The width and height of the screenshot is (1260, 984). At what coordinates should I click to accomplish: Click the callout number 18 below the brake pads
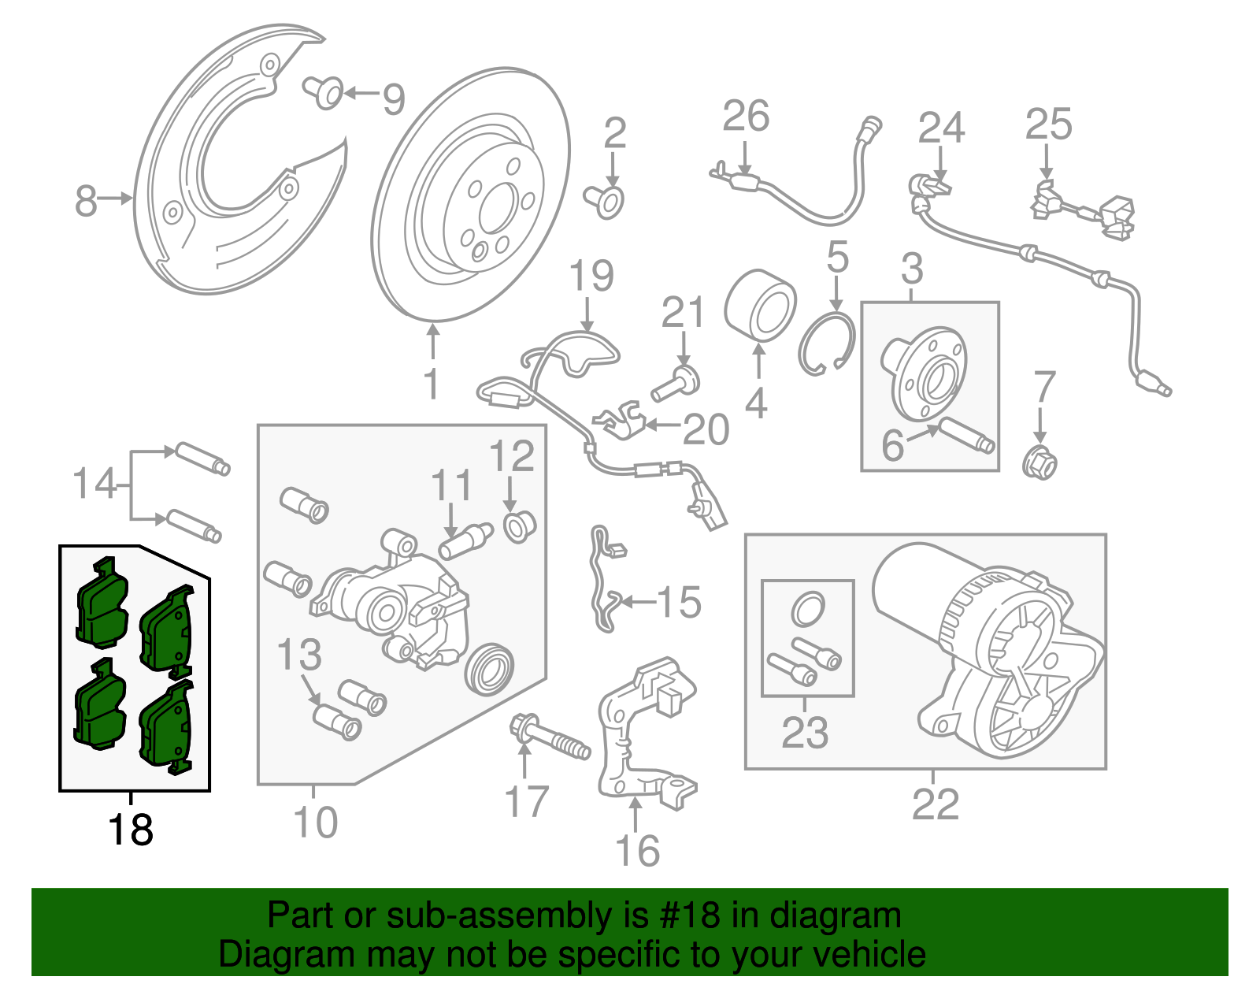tap(130, 830)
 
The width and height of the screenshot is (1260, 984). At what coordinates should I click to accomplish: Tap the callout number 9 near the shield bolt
tap(394, 99)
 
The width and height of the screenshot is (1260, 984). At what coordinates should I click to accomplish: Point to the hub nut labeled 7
tap(1039, 462)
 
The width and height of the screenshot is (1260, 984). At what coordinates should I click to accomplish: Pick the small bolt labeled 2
tap(606, 200)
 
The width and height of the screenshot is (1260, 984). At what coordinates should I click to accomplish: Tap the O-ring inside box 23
tap(807, 607)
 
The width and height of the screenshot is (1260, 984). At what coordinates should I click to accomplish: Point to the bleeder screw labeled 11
tap(467, 540)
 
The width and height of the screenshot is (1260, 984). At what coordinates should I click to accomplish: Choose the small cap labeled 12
tap(518, 525)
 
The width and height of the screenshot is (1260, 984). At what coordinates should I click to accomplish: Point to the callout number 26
tap(746, 117)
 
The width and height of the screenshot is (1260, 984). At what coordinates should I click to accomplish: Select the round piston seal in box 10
tap(490, 668)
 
